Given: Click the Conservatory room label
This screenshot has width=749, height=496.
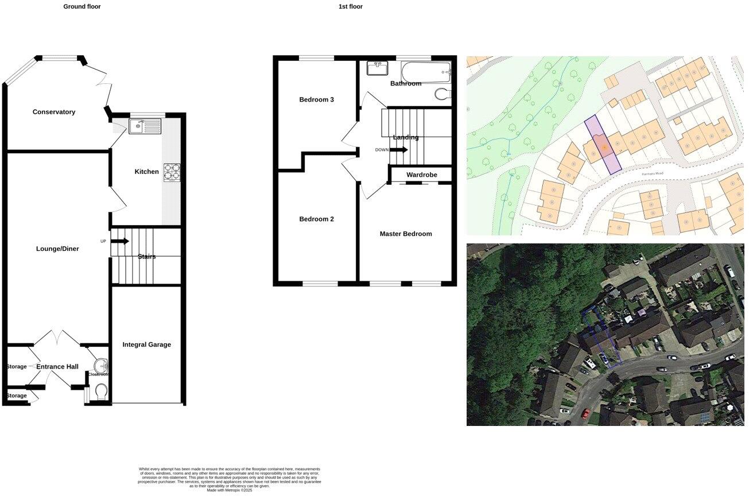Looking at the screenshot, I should (54, 112).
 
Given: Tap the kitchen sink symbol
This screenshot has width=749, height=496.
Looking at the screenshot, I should (145, 126).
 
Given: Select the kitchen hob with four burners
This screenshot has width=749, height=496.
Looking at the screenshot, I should (172, 172).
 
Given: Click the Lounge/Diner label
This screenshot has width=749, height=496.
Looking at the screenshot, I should (57, 249).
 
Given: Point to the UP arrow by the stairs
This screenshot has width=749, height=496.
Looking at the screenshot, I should (119, 241).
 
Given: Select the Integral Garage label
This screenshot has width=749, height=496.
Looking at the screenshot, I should (146, 344).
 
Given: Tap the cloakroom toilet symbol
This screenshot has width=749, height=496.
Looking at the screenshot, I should (102, 392).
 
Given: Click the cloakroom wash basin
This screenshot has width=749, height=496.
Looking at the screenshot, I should (102, 366).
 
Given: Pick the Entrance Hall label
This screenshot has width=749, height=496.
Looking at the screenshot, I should (57, 367).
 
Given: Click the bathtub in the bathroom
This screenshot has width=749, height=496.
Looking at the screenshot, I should (425, 73).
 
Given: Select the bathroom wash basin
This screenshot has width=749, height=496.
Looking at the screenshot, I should (378, 69).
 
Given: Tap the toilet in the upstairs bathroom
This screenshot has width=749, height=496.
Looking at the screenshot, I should (443, 94).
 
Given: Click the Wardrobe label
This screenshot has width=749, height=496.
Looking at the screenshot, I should (422, 175).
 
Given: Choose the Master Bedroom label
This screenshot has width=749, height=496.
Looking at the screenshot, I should (406, 234).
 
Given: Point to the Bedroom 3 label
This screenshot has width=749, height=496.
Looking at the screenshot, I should (316, 100).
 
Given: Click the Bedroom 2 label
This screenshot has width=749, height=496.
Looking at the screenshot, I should (316, 219).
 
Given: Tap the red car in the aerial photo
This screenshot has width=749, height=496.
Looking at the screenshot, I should (585, 413).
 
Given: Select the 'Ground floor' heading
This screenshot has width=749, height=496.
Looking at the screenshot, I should (82, 7).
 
